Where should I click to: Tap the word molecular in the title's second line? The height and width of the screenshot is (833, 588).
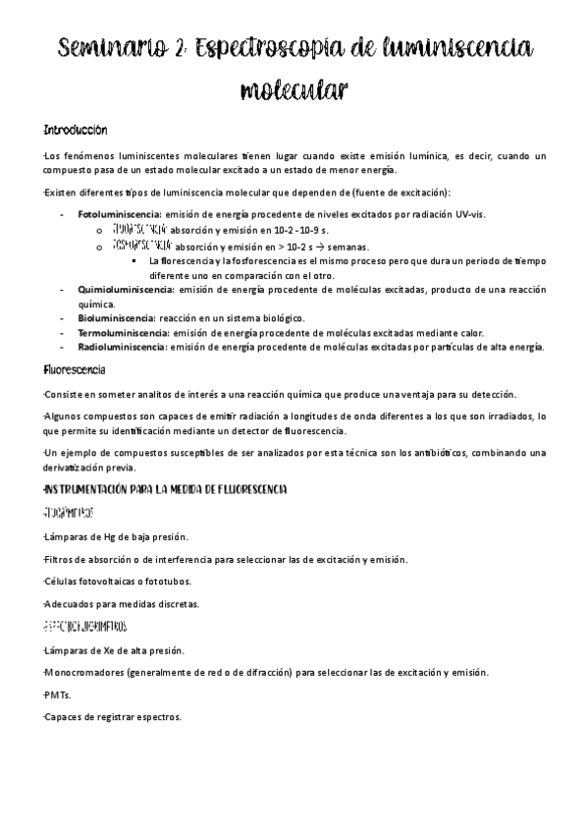294,92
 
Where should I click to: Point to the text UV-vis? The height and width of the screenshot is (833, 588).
468,213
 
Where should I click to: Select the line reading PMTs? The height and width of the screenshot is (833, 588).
57,694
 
